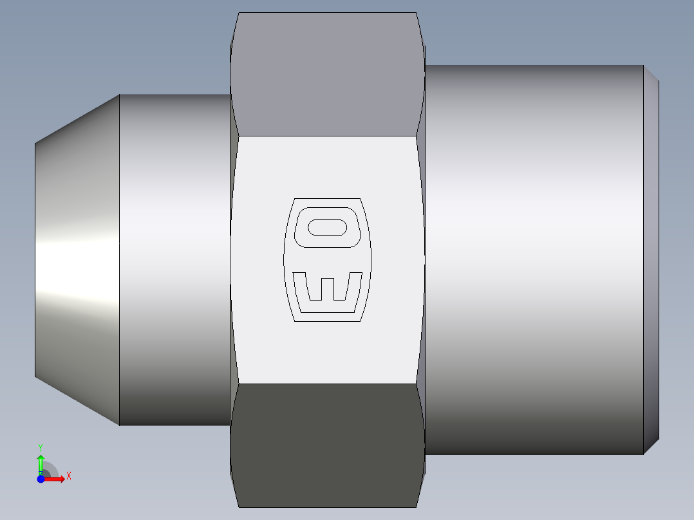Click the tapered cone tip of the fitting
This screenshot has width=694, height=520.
tap(77, 260)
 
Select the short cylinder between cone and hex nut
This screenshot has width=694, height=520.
tap(174, 260)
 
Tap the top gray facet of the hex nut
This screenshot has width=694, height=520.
tap(327, 74)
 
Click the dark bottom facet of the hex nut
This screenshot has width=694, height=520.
tap(327, 444)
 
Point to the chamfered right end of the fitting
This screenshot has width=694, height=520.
tap(652, 260)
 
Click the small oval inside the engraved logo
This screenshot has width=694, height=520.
tap(328, 227)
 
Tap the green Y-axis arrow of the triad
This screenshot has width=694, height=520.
tap(41, 462)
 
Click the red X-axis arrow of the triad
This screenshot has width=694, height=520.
tap(57, 478)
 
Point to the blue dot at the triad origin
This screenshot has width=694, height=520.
tap(41, 479)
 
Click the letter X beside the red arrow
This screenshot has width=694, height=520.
tap(68, 476)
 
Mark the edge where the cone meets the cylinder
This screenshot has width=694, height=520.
tap(120, 260)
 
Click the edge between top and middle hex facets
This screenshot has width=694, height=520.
tap(327, 136)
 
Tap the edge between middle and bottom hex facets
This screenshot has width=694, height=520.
tap(327, 384)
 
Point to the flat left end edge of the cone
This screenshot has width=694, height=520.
tap(35, 260)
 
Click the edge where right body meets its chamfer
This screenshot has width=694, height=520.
tap(644, 260)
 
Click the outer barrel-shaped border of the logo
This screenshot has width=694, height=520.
tap(285, 260)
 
